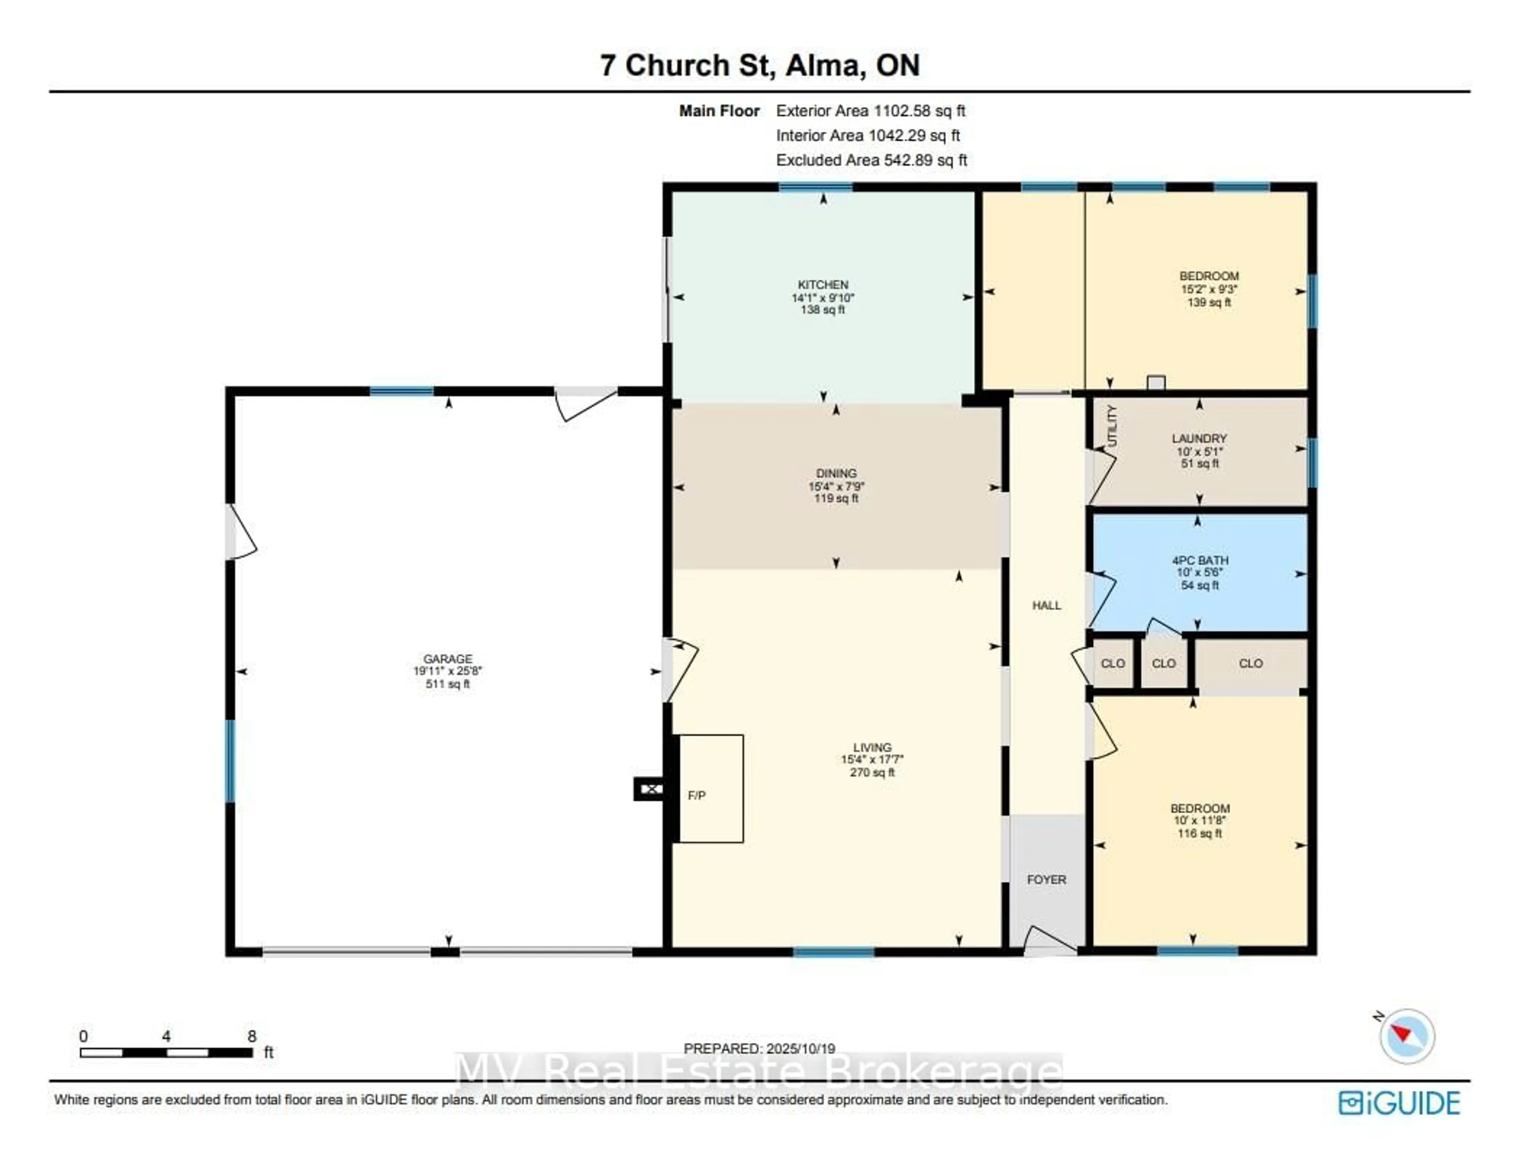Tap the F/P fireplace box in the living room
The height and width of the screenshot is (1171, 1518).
[710, 788]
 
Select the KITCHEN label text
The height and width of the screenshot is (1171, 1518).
[823, 284]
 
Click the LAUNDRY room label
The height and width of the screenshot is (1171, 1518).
[1199, 438]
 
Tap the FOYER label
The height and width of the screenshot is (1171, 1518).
[1046, 880]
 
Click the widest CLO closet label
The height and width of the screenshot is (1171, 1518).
[1250, 663]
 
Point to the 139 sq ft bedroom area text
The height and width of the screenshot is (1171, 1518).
[1209, 302]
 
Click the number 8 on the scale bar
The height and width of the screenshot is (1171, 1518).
[251, 1036]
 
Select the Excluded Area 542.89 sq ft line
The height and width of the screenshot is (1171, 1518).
[871, 160]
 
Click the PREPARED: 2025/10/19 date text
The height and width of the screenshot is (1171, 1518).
[759, 1049]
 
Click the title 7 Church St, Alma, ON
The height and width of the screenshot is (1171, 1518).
[760, 65]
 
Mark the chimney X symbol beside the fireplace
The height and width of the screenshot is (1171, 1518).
[651, 788]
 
